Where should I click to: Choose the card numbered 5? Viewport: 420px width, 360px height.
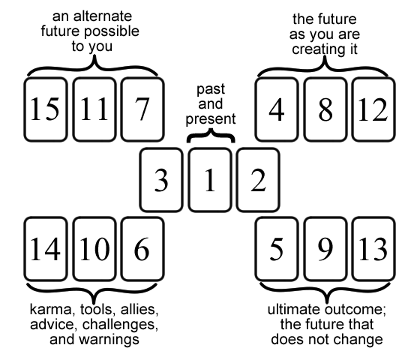coord(277,250)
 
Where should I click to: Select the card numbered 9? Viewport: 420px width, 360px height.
coord(324,250)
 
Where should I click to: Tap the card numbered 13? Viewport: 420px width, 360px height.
coord(371,250)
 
